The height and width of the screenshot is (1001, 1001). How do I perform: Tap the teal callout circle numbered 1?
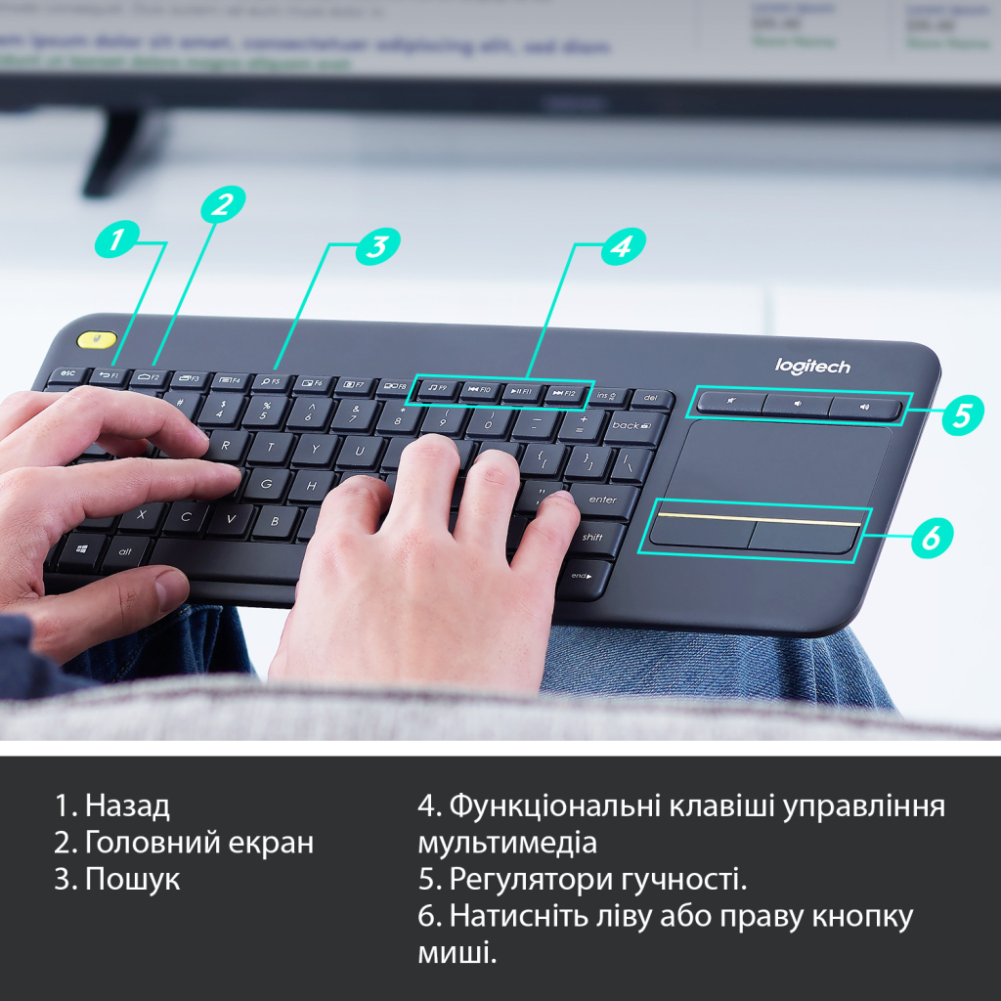pyautogui.click(x=116, y=239)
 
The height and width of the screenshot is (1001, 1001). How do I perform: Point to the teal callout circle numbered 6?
pyautogui.click(x=932, y=536)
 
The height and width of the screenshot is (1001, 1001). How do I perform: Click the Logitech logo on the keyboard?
pyautogui.click(x=812, y=367)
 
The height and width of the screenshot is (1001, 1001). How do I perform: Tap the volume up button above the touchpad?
pyautogui.click(x=864, y=407)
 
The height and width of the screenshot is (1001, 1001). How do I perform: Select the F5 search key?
pyautogui.click(x=271, y=381)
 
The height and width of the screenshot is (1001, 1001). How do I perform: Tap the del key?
pyautogui.click(x=652, y=399)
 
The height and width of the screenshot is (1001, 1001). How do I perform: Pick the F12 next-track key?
pyautogui.click(x=565, y=393)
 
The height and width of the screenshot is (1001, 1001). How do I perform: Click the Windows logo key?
pyautogui.click(x=81, y=550)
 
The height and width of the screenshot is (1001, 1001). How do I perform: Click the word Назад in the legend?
pyautogui.click(x=127, y=806)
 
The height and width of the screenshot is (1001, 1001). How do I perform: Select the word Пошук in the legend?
pyautogui.click(x=132, y=879)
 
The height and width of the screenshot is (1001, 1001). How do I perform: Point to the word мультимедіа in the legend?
pyautogui.click(x=506, y=843)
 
